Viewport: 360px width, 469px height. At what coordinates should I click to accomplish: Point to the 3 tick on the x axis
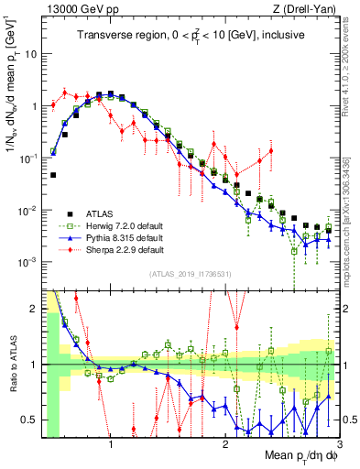coord(339,444)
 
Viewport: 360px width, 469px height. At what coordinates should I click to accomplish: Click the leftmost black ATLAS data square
coord(53,175)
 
